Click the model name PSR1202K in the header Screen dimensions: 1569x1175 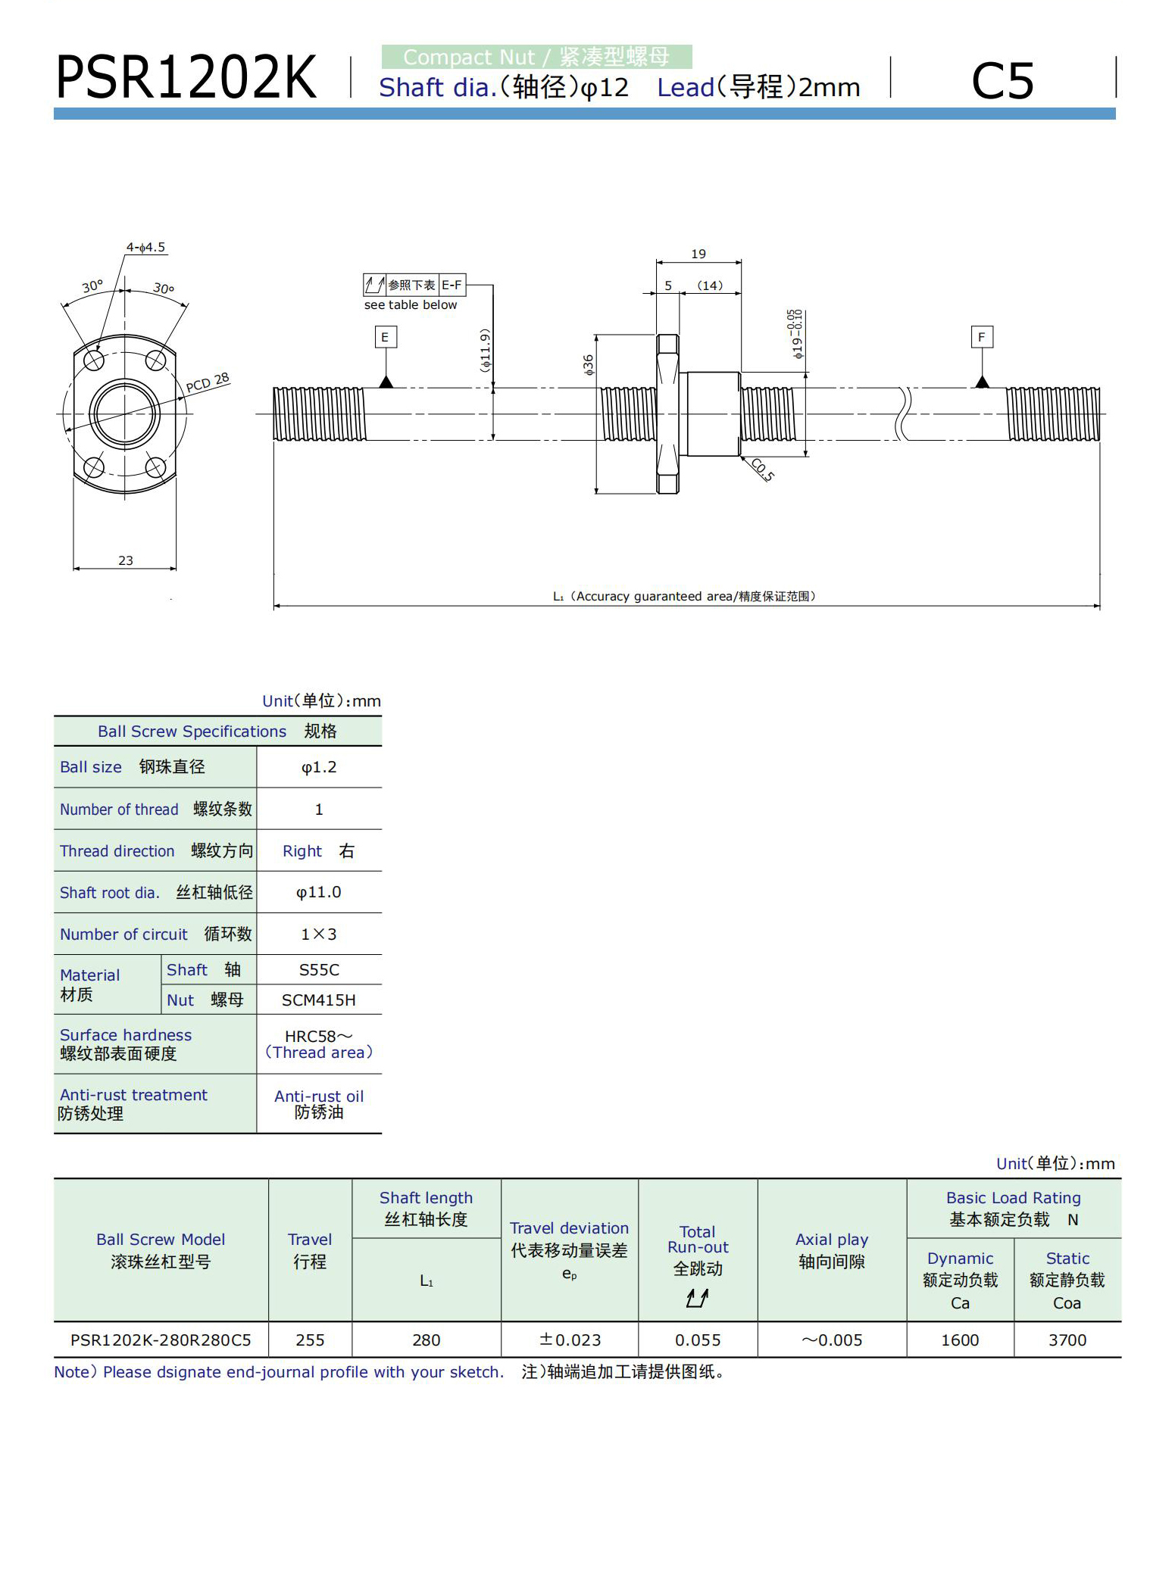click(x=186, y=78)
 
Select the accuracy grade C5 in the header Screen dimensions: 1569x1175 click(x=1002, y=80)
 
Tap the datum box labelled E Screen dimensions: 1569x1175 click(x=385, y=337)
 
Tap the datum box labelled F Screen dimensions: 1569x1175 click(x=981, y=337)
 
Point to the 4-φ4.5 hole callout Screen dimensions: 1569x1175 click(x=145, y=248)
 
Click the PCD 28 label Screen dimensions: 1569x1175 click(x=208, y=382)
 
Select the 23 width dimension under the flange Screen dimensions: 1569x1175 click(x=126, y=560)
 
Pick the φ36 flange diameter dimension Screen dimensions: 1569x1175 click(x=589, y=365)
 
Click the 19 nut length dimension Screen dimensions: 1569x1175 click(x=698, y=254)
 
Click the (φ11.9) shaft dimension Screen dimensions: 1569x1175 click(x=486, y=349)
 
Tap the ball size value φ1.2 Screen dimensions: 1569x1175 click(x=319, y=767)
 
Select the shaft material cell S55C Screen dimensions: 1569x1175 click(x=319, y=969)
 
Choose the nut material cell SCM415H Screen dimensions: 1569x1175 click(x=319, y=1000)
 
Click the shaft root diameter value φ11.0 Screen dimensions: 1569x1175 click(x=319, y=892)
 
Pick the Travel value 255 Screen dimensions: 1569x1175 click(x=310, y=1340)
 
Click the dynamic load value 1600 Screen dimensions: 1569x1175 click(x=960, y=1340)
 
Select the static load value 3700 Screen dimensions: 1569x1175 click(x=1067, y=1340)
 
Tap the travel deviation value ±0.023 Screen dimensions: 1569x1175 click(x=570, y=1340)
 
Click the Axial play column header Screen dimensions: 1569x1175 click(x=832, y=1250)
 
